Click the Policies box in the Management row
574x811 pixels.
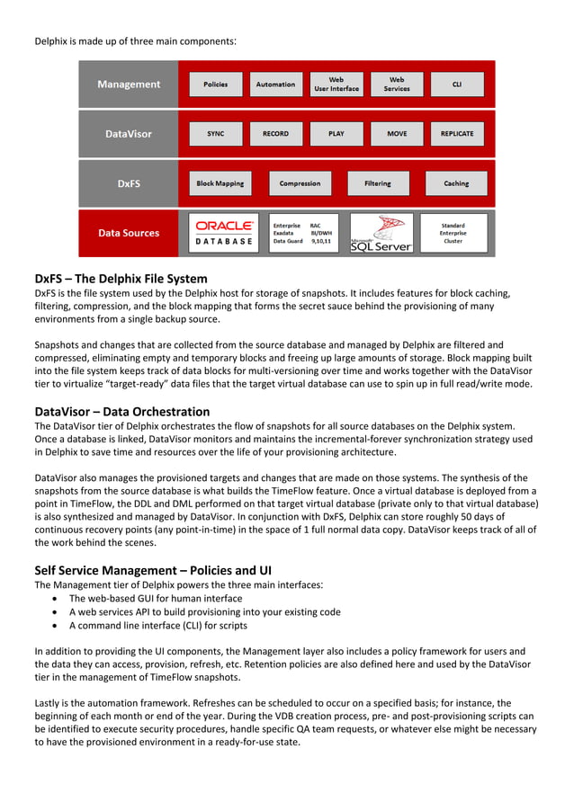(x=216, y=85)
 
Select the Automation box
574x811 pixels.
(x=275, y=85)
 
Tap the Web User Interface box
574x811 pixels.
(x=336, y=85)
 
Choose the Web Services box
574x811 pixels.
(x=397, y=85)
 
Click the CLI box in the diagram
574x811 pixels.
(x=457, y=85)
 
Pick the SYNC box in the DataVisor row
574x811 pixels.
(x=216, y=134)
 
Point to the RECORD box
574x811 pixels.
(x=275, y=134)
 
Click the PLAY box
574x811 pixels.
(x=336, y=134)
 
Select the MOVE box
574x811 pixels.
(x=397, y=134)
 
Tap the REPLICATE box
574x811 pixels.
(x=457, y=134)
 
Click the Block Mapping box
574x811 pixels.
(x=220, y=183)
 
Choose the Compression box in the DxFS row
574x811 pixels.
(x=300, y=183)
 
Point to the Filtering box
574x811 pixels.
(x=378, y=183)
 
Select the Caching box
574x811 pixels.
(x=456, y=183)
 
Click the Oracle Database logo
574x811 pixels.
(x=225, y=233)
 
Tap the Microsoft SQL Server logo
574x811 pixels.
(x=381, y=233)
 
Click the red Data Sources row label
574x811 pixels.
(x=129, y=233)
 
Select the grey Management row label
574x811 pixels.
(x=129, y=85)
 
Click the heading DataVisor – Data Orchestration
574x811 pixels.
(x=121, y=412)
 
